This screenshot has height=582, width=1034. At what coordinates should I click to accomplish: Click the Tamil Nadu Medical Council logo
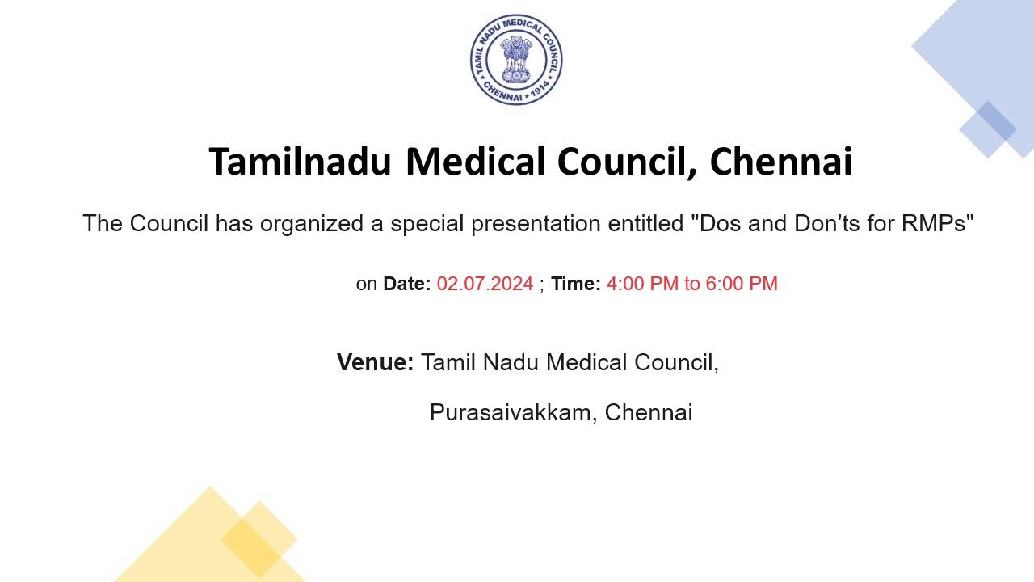point(516,60)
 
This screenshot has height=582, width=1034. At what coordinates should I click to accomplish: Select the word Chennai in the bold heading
point(780,161)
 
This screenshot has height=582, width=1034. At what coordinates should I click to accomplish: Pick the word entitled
point(646,224)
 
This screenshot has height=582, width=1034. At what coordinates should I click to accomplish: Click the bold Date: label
point(406,284)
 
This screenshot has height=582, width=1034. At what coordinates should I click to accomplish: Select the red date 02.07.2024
point(485,284)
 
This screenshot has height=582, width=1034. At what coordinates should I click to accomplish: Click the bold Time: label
point(575,284)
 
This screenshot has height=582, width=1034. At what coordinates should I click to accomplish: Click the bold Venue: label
point(375,362)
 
